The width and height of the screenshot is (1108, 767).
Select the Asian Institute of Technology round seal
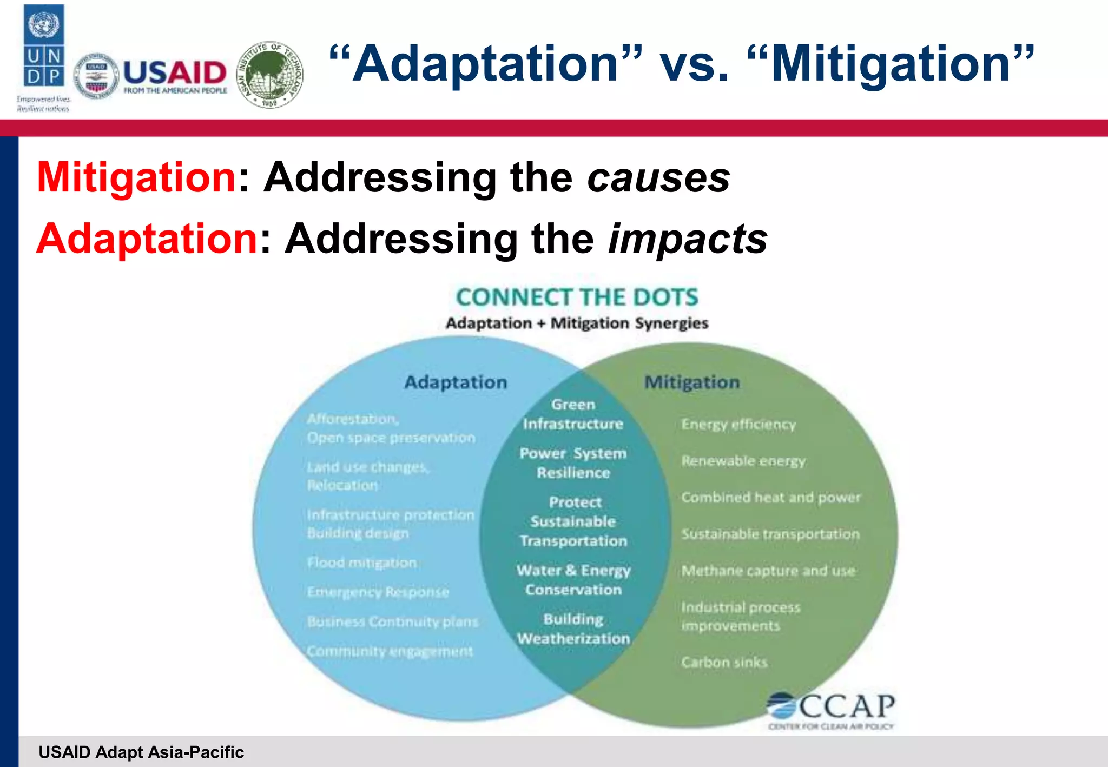coord(270,75)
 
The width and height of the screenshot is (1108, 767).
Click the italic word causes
coord(658,177)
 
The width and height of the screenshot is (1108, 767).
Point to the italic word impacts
coord(688,239)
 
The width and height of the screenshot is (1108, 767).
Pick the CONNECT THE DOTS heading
coord(577,297)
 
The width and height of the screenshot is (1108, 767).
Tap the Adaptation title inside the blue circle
coord(456,382)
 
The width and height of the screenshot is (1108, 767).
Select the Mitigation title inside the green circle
coord(691,382)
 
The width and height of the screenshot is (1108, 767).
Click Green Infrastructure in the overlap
coord(573,414)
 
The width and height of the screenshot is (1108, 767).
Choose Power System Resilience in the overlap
coord(573,463)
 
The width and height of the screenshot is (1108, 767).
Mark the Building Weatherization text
coord(573,629)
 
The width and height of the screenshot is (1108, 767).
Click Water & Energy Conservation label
coord(573,580)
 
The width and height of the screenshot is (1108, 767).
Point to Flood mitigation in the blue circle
coord(362,563)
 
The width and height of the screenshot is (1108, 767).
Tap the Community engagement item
coord(390,651)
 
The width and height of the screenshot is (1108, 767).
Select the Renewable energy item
coord(743,461)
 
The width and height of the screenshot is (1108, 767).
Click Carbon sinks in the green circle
coord(724,662)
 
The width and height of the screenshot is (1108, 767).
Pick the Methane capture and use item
coord(768,571)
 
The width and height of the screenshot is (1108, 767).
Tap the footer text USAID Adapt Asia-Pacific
coord(141,752)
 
